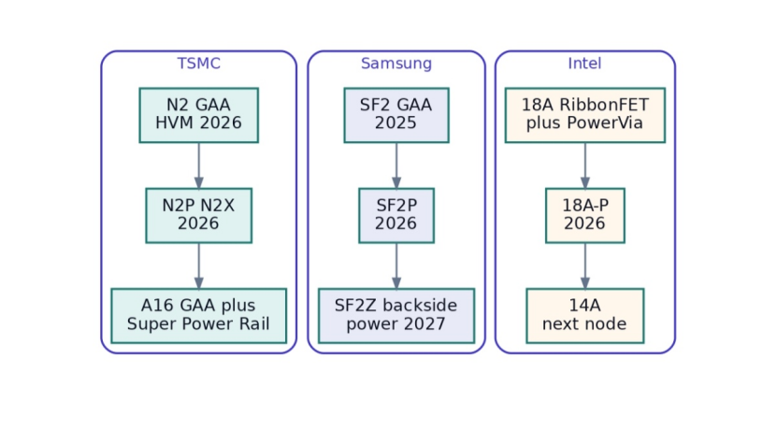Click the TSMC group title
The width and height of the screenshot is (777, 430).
199,64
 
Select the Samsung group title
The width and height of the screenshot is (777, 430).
396,64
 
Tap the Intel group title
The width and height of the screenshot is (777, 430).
584,64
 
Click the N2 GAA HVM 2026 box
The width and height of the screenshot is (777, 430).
199,115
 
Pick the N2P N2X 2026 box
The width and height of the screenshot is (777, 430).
199,216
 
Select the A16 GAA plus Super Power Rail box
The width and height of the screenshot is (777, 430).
199,316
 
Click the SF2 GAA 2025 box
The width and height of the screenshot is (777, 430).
396,115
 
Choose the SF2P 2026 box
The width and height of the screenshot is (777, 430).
396,216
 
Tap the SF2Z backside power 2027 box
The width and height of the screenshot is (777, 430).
396,316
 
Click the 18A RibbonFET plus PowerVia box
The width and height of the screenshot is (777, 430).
585,115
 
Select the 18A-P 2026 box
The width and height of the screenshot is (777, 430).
585,216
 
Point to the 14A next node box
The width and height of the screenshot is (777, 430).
585,316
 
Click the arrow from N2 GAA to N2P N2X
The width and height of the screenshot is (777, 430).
199,165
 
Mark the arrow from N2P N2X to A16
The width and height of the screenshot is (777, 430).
199,266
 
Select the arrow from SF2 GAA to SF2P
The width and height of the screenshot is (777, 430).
396,165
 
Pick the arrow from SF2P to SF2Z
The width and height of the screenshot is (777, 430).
396,266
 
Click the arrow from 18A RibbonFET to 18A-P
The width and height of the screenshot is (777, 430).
585,165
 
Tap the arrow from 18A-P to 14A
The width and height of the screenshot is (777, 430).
585,266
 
